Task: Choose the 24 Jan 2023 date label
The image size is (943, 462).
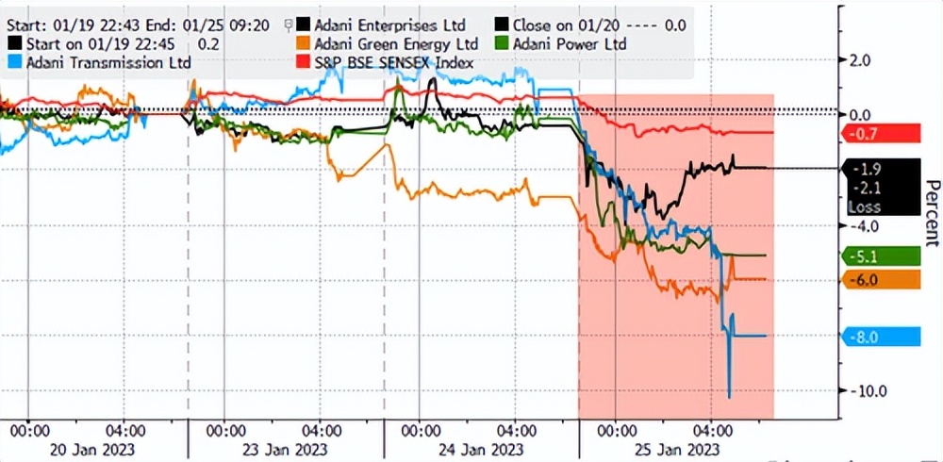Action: tap(469, 448)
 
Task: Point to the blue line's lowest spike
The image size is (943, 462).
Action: tap(729, 396)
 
